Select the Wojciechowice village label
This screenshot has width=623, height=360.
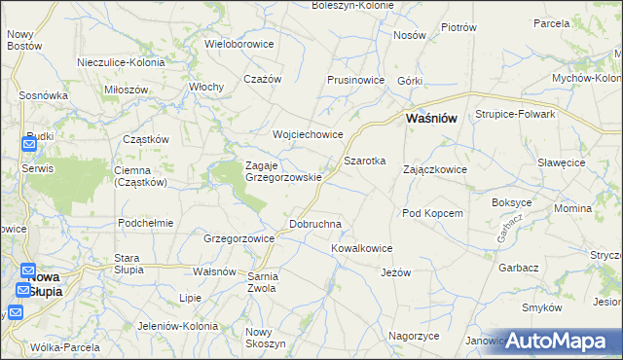[x=308, y=135]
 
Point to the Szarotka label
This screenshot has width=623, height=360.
[x=365, y=160]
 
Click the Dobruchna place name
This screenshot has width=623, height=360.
[x=315, y=224]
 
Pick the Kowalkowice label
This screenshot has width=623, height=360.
[x=361, y=248]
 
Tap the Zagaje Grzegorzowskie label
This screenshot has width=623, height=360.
[x=283, y=171]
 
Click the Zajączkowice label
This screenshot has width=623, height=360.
[x=435, y=169]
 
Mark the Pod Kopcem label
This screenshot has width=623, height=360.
[x=431, y=212]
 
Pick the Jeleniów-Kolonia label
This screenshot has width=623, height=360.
[x=175, y=325]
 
